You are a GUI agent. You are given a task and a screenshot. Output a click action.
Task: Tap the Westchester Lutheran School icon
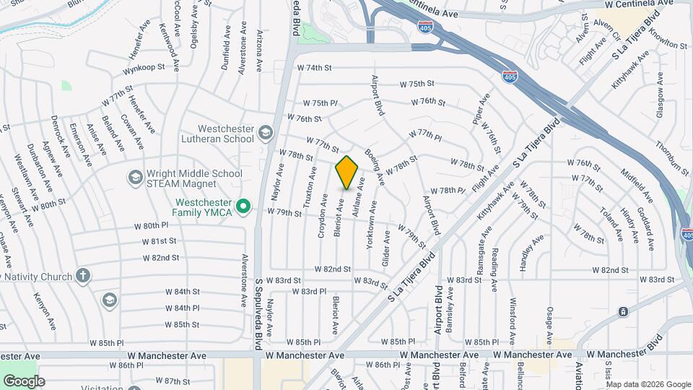coord(266,132)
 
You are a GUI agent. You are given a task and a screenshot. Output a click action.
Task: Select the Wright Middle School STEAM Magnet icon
coord(135,177)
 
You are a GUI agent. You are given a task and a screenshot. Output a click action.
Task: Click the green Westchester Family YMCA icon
coord(244,207)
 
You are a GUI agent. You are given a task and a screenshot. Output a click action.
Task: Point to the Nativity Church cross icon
coord(83,276)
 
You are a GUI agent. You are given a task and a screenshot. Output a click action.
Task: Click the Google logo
coord(24,381)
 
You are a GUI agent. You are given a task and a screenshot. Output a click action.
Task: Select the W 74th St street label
coord(314,68)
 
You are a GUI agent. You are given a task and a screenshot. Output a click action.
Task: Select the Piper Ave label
coord(481,108)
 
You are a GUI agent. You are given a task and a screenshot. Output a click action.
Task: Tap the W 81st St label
coord(159,241)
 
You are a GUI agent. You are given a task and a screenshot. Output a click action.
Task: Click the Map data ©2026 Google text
coord(648,383)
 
